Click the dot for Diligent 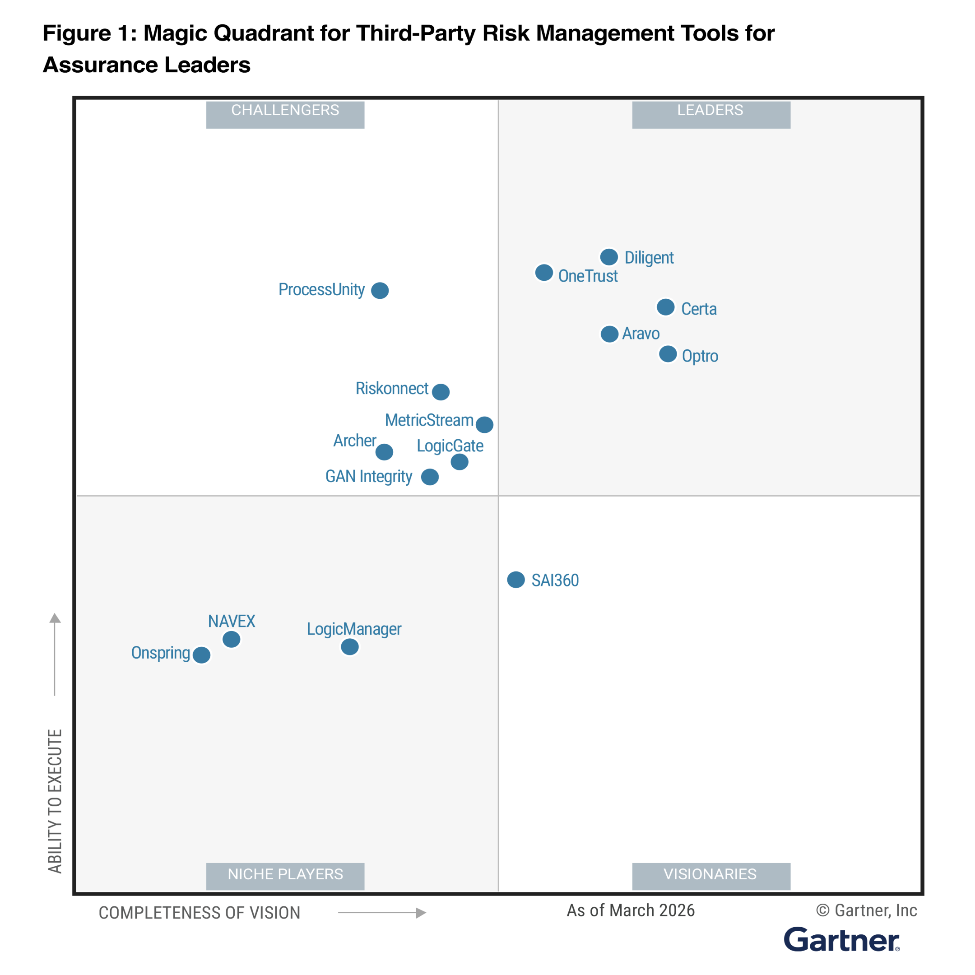pos(609,257)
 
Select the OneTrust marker pos(544,273)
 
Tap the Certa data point pos(666,307)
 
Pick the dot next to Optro pos(668,354)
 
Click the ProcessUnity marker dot pos(380,290)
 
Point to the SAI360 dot pos(516,580)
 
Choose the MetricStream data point pos(484,424)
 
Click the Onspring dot pos(201,655)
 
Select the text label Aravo pos(641,334)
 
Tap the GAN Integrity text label pos(368,476)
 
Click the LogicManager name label pos(354,629)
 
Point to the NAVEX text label pos(232,621)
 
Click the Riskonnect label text pos(392,389)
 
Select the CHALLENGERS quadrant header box pos(285,115)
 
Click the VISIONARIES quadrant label pos(710,876)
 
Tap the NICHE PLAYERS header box pos(285,876)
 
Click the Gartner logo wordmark pos(841,940)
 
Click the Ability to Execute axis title pos(55,801)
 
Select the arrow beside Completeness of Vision pos(382,912)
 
